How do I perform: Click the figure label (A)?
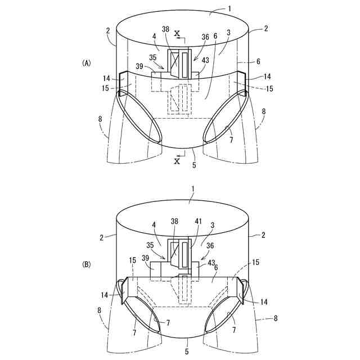coord(87,64)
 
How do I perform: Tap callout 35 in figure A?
coord(153,57)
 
